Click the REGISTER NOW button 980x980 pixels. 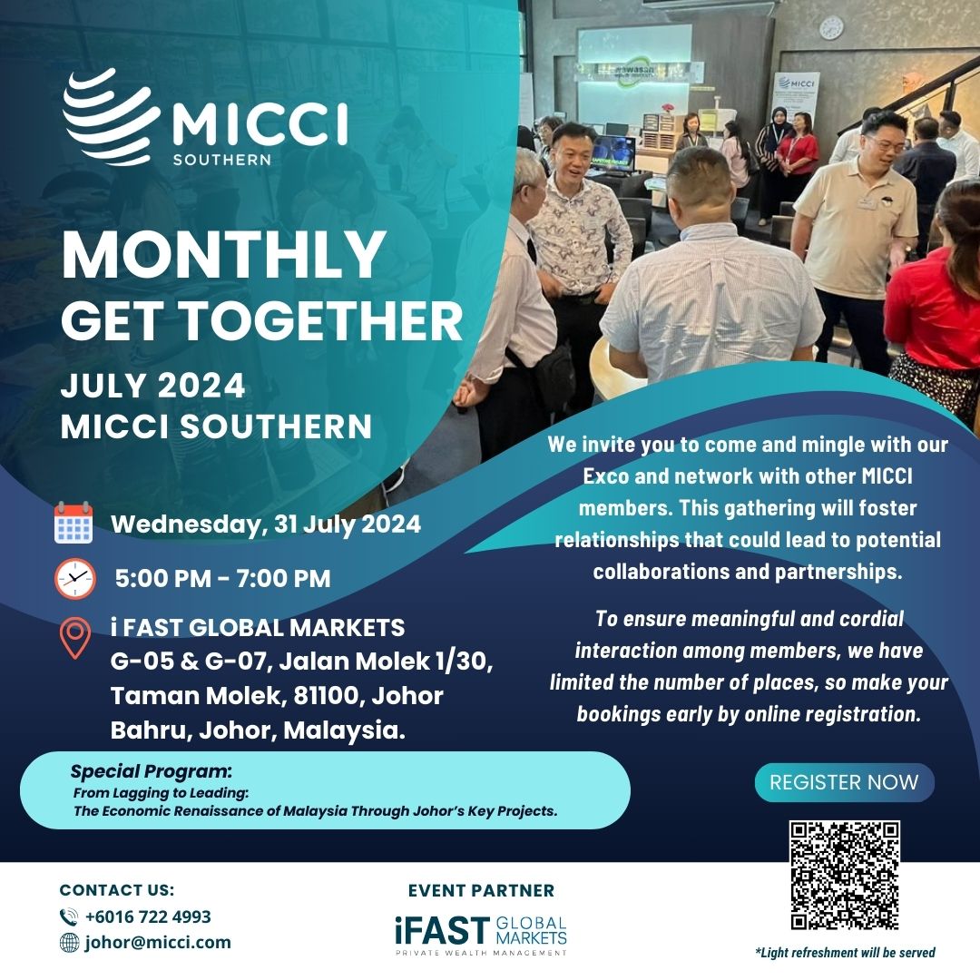click(x=844, y=782)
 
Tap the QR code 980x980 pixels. click(x=845, y=875)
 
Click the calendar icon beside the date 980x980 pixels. click(x=73, y=523)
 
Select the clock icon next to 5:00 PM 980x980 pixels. click(x=75, y=579)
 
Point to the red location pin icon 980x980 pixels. click(x=75, y=638)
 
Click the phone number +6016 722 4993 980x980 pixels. click(x=148, y=916)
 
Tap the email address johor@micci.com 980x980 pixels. click(x=158, y=942)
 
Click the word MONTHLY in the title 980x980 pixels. click(x=223, y=255)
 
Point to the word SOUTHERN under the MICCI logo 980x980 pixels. click(x=222, y=160)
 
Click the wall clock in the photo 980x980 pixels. click(x=831, y=28)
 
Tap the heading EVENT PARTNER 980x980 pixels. click(x=481, y=891)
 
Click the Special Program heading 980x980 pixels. click(x=152, y=771)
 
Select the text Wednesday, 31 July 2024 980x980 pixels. click(x=266, y=524)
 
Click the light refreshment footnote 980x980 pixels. click(x=845, y=953)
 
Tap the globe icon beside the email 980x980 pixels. click(x=69, y=943)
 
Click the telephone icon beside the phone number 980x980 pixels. click(x=69, y=916)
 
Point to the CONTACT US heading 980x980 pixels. click(x=117, y=890)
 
